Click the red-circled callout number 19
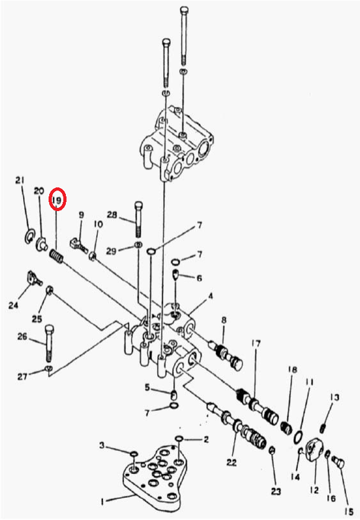[58, 200]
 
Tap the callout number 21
[20, 180]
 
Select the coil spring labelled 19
[57, 256]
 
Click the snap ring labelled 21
[29, 236]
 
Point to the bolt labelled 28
[139, 219]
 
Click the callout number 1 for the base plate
[103, 502]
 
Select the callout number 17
[256, 344]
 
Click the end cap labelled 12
[313, 450]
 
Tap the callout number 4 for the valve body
[210, 296]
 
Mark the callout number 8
[224, 320]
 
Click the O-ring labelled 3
[134, 453]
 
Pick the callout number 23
[276, 491]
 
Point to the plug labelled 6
[176, 274]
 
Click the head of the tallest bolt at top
[184, 10]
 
